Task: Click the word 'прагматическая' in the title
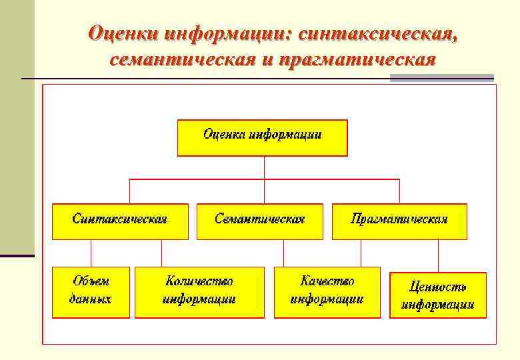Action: [x=359, y=61]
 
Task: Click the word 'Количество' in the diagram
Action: [x=199, y=283]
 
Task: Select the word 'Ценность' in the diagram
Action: [x=437, y=287]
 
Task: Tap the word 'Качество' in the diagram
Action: [x=327, y=283]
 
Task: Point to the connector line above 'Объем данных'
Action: [x=91, y=253]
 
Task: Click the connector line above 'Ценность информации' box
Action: [x=438, y=255]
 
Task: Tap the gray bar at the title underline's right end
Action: [x=441, y=79]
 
